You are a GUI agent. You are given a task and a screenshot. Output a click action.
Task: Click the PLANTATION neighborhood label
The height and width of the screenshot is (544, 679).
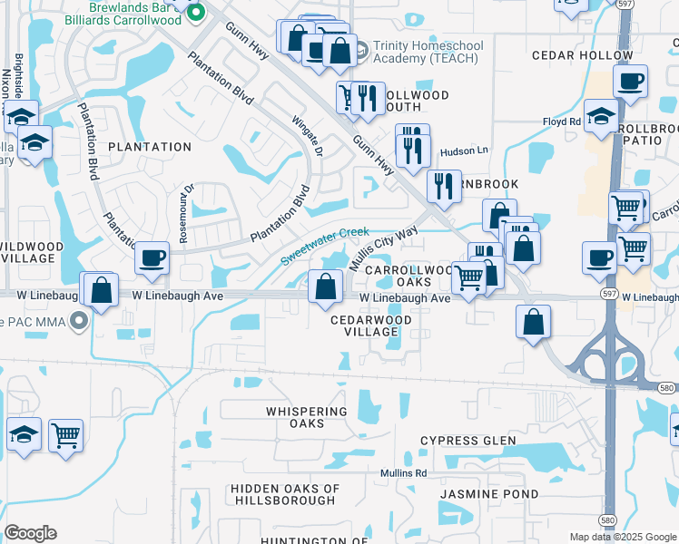(150, 147)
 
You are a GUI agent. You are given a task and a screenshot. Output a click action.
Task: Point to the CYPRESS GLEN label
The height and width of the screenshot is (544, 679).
(467, 442)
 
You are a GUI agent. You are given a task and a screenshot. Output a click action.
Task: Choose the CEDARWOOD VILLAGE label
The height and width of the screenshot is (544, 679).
(371, 326)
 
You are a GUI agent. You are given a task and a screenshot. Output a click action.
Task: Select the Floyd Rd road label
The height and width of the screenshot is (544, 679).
(561, 121)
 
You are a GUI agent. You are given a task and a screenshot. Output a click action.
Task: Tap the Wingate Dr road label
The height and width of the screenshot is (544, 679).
(306, 136)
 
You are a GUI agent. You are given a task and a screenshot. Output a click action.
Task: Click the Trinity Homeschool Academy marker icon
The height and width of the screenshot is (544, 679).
(360, 49)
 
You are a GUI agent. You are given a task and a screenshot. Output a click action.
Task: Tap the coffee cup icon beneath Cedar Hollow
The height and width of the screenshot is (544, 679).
(629, 83)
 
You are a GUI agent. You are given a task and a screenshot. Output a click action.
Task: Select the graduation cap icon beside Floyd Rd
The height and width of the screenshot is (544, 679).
(600, 116)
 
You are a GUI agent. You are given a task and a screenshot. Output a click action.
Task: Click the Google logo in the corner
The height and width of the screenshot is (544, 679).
(30, 533)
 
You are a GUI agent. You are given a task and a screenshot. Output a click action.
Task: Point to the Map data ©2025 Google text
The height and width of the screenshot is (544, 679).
(623, 537)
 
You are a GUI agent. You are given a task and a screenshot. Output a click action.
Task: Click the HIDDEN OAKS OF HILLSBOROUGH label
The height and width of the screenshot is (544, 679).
(285, 494)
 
